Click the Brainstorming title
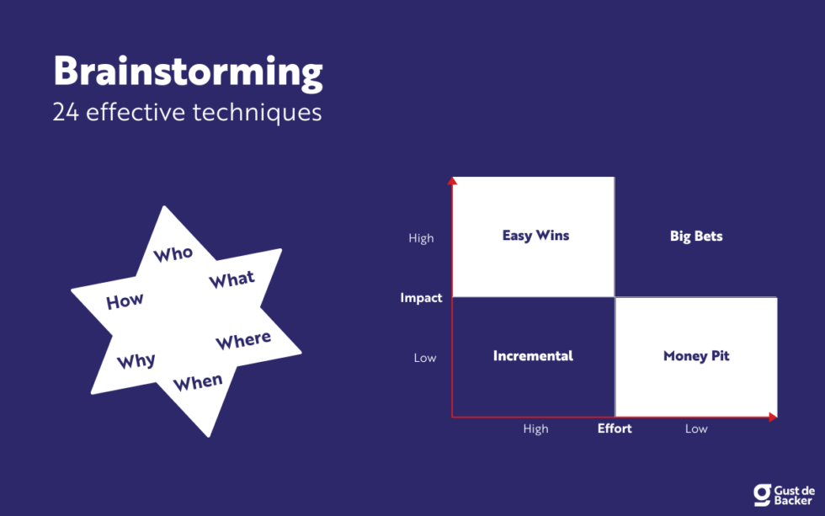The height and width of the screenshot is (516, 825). (x=188, y=73)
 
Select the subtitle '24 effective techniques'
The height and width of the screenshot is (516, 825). (x=187, y=112)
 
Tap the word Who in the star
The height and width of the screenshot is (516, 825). (x=173, y=253)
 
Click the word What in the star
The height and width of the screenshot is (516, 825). (x=232, y=280)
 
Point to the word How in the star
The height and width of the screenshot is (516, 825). (x=125, y=301)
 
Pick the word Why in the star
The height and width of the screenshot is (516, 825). (x=136, y=361)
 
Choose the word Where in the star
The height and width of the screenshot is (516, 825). (x=243, y=340)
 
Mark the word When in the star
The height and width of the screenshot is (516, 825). (x=198, y=382)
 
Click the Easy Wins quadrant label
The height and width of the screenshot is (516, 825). (x=535, y=236)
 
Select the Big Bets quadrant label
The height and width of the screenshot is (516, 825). (x=696, y=237)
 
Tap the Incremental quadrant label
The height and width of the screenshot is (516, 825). (x=533, y=356)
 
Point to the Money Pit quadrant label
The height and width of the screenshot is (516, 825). (x=696, y=356)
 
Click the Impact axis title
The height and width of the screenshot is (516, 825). (x=421, y=298)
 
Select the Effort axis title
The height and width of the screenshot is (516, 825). (x=615, y=428)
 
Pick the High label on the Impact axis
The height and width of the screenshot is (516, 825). (x=421, y=238)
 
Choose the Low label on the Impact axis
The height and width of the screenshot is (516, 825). (x=425, y=358)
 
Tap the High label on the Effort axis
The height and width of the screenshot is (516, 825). (x=535, y=428)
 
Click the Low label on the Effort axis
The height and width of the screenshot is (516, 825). (x=696, y=428)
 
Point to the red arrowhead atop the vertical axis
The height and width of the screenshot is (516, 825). (x=452, y=180)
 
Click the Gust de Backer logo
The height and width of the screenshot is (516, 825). (x=784, y=494)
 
